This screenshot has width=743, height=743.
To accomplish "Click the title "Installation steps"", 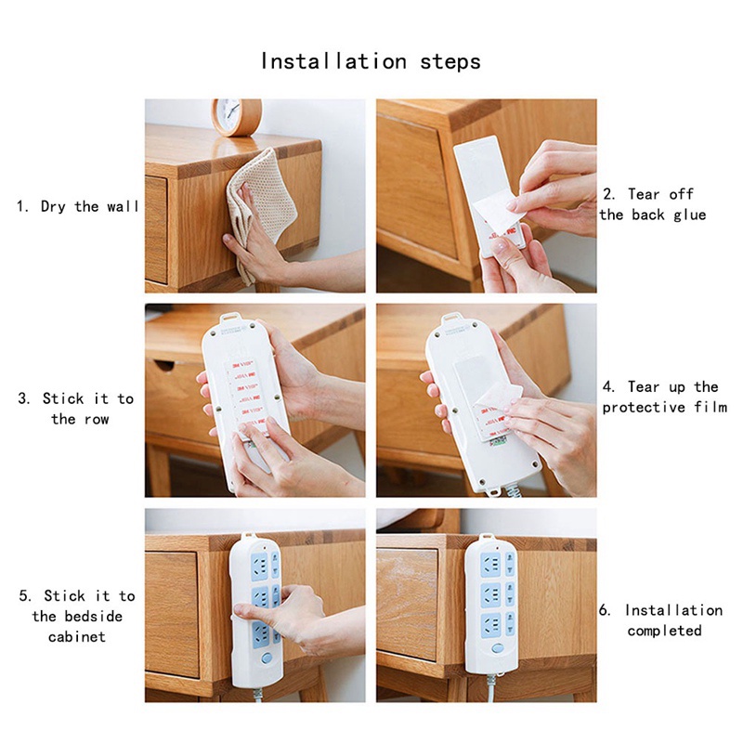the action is pos(371,61).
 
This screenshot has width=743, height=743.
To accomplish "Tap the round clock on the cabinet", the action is pos(237,117).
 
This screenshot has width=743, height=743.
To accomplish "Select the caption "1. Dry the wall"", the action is pos(78,206).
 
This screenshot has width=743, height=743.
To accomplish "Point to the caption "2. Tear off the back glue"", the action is pos(653,204).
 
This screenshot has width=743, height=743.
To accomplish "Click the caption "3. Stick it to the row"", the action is pos(76,409).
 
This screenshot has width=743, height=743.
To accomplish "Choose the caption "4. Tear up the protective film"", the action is pos(664,398).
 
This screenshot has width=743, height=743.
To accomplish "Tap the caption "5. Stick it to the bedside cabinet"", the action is pos(77,616).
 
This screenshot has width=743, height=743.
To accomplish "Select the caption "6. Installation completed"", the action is pos(661,620).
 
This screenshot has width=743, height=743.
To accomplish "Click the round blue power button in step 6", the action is pos(497,648).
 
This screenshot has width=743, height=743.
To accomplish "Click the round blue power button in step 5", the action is pos(267,658).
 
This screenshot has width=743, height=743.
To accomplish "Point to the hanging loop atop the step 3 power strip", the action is pos(228,317).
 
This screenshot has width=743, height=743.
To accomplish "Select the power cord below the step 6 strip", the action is pos(490,687).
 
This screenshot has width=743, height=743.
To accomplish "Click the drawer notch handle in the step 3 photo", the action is pos(163,365).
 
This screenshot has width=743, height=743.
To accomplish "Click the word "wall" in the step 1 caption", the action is pos(123,206).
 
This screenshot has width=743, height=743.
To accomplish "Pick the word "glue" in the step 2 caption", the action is pos(689,215).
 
